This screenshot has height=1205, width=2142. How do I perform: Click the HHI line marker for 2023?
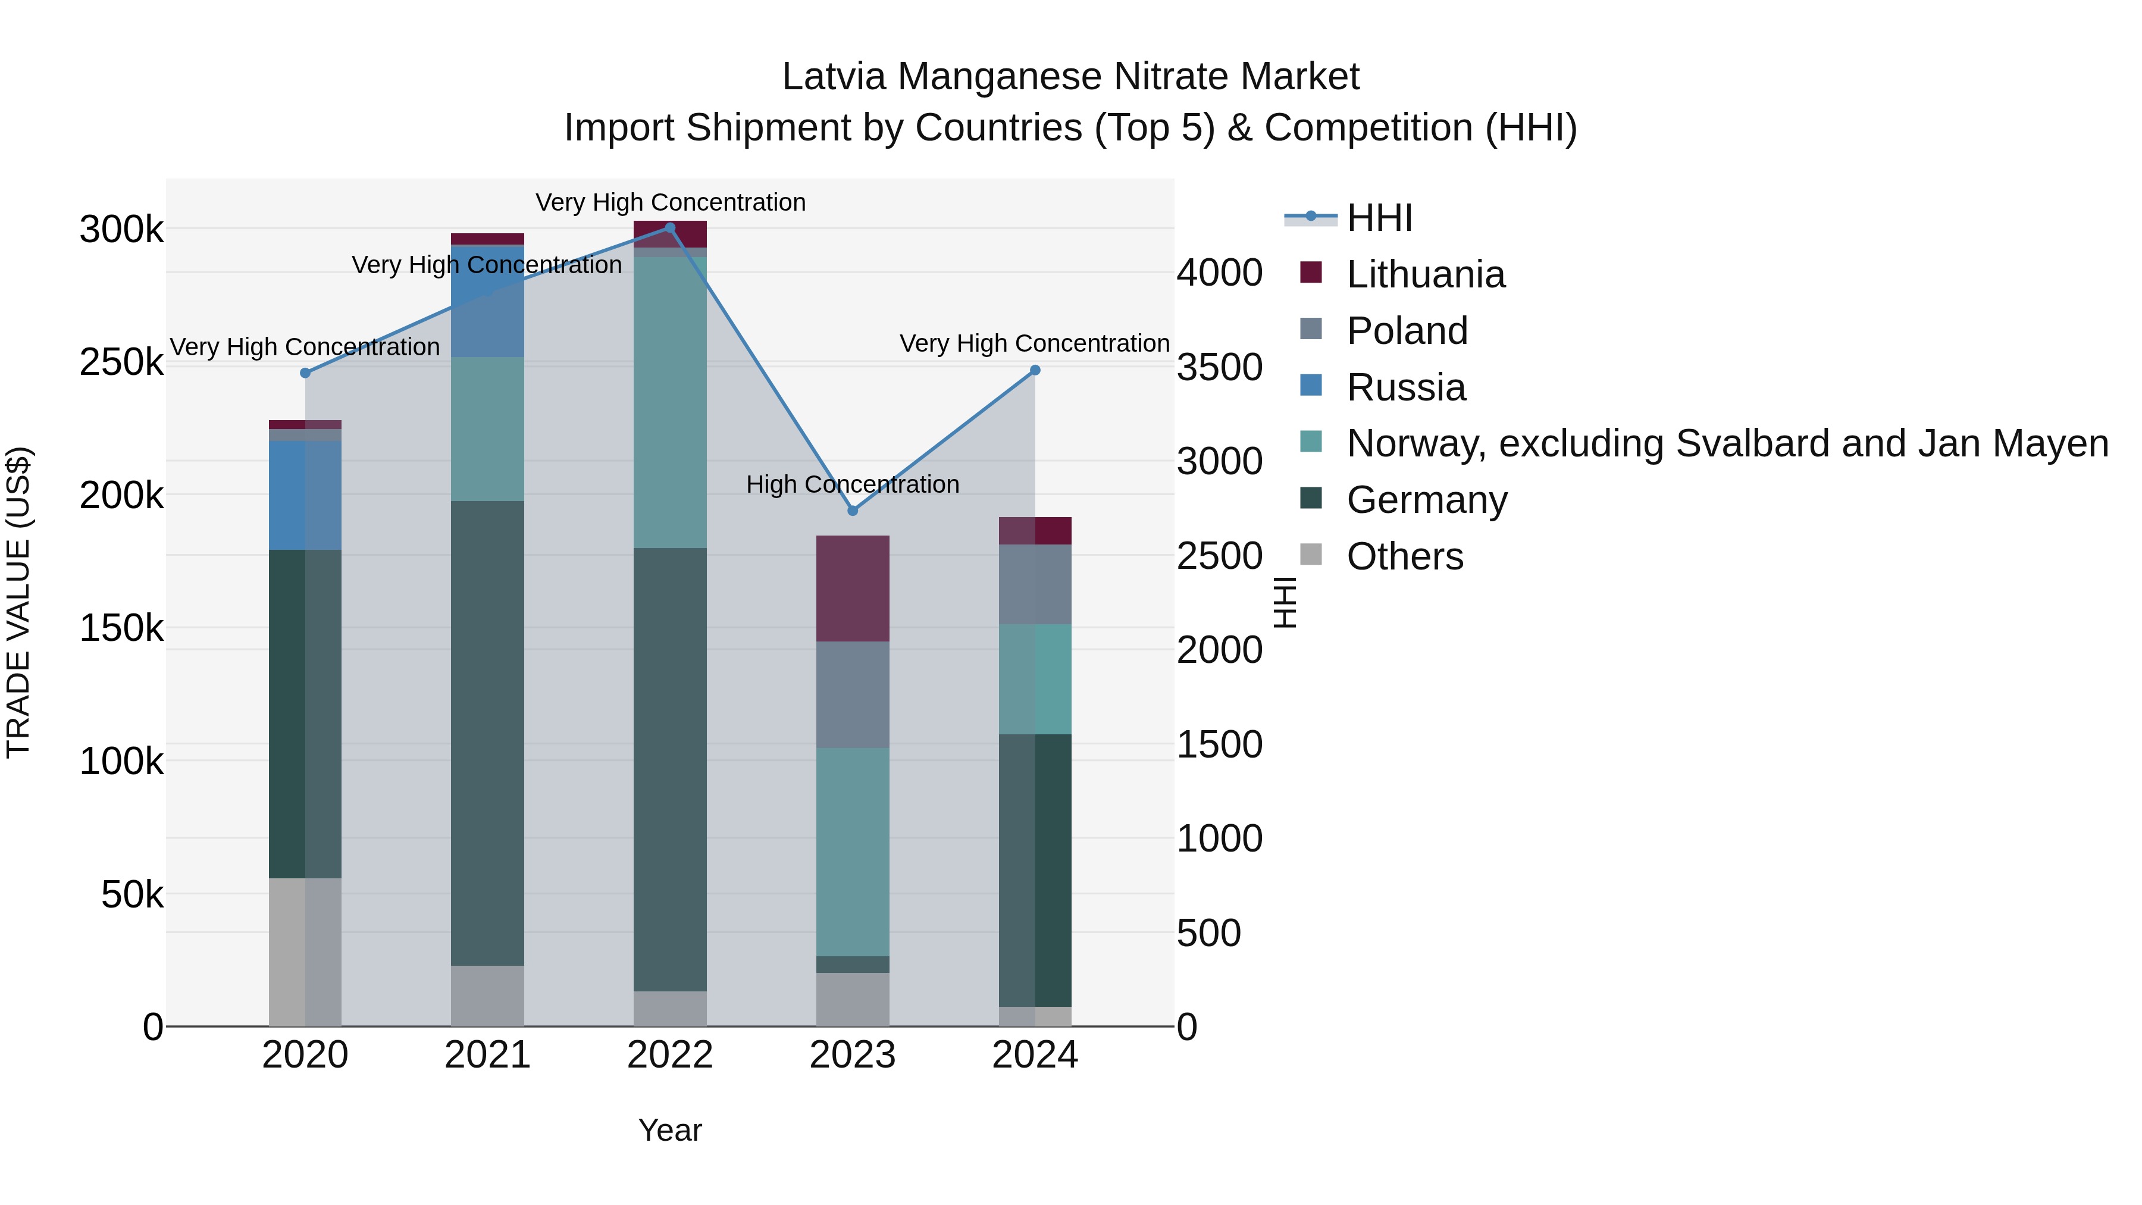pyautogui.click(x=852, y=511)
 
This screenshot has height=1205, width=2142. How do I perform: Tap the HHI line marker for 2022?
pyautogui.click(x=670, y=228)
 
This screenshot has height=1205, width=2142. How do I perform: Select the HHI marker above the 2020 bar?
pyautogui.click(x=305, y=373)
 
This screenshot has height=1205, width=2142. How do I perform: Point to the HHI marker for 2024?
pyautogui.click(x=1035, y=370)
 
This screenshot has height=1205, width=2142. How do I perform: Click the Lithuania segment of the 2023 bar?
pyautogui.click(x=852, y=589)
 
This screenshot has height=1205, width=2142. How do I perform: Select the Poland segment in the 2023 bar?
pyautogui.click(x=852, y=694)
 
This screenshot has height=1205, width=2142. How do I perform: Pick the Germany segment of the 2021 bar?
pyautogui.click(x=487, y=732)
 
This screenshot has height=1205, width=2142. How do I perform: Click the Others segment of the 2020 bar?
pyautogui.click(x=305, y=952)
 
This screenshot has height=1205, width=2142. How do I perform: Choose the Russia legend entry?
pyautogui.click(x=1406, y=387)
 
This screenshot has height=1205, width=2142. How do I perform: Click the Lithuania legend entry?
pyautogui.click(x=1425, y=274)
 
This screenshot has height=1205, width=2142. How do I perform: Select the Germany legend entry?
pyautogui.click(x=1427, y=500)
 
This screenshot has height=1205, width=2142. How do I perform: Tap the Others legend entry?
pyautogui.click(x=1404, y=556)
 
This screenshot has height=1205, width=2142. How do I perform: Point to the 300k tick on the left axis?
pyautogui.click(x=121, y=230)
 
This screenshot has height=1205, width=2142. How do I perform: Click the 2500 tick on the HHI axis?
pyautogui.click(x=1220, y=556)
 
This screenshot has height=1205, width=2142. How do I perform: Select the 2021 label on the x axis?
pyautogui.click(x=487, y=1055)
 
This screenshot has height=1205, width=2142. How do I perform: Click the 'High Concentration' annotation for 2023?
pyautogui.click(x=852, y=484)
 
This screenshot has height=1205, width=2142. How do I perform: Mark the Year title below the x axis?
pyautogui.click(x=670, y=1130)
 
